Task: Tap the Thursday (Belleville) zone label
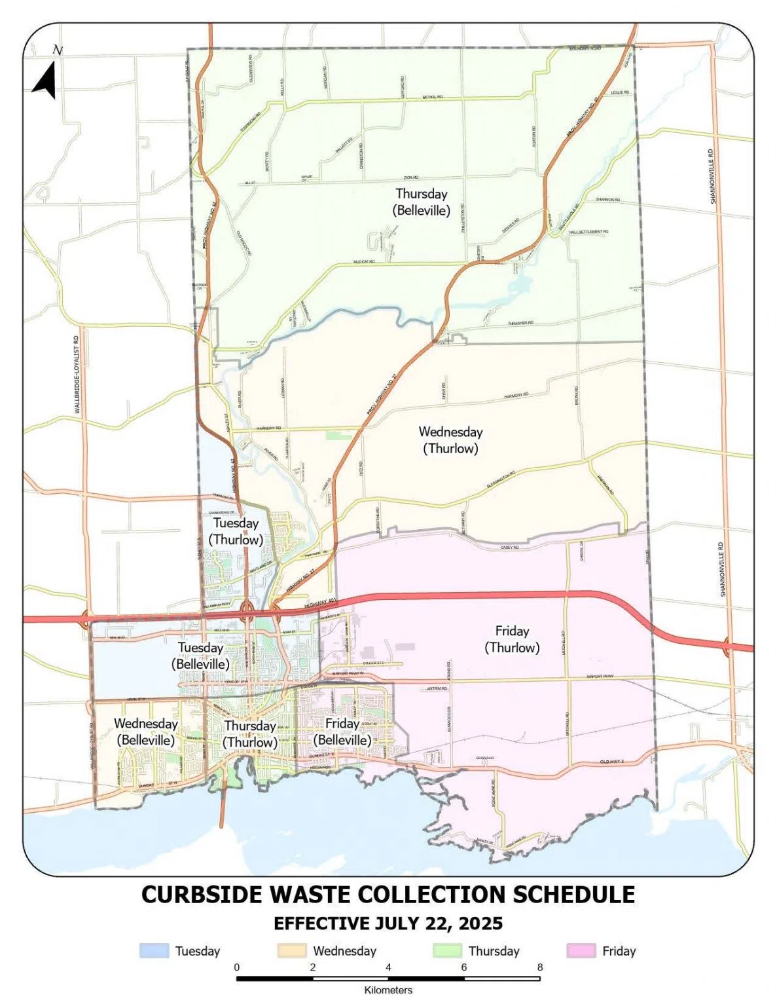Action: [x=421, y=202]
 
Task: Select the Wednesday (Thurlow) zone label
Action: [x=450, y=440]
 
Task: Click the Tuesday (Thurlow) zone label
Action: [x=236, y=531]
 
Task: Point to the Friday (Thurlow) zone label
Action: [x=512, y=639]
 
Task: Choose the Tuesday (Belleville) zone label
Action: [x=200, y=656]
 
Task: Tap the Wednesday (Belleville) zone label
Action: [x=145, y=732]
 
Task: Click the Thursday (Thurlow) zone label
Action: [x=250, y=734]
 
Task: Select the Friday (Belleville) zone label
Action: [x=342, y=732]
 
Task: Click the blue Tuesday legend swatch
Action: [x=154, y=951]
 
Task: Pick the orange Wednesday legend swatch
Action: [x=291, y=951]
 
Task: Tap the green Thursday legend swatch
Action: [x=447, y=951]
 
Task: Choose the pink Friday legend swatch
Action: [x=581, y=951]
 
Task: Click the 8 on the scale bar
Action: [x=540, y=967]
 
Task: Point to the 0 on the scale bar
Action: [x=237, y=967]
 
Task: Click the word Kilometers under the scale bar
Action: [x=388, y=990]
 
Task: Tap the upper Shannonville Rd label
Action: [x=713, y=176]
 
